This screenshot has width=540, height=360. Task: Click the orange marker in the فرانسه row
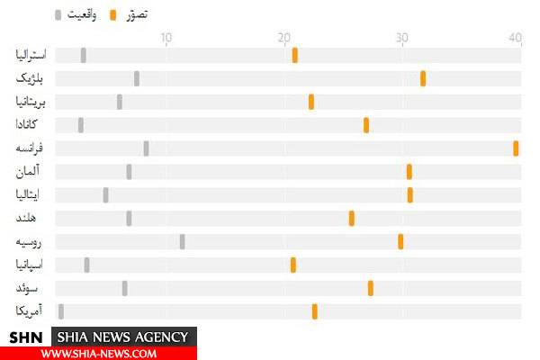(516, 148)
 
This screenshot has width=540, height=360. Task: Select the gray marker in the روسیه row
(182, 241)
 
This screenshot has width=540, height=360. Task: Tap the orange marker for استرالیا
(295, 56)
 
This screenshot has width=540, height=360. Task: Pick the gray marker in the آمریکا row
(61, 311)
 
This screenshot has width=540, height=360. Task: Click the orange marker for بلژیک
(423, 78)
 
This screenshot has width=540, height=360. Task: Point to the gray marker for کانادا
(81, 125)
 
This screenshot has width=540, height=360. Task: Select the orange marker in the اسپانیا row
(293, 265)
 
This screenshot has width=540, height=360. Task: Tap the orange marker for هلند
(352, 218)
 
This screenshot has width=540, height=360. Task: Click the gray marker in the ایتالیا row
(105, 194)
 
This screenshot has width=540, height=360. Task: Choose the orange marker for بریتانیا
(311, 102)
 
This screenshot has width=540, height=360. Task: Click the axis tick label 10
(166, 37)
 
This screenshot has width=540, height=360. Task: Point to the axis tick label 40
(515, 37)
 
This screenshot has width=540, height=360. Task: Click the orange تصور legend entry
(130, 14)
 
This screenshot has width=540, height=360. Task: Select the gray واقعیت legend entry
(76, 14)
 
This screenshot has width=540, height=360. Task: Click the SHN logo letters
(26, 337)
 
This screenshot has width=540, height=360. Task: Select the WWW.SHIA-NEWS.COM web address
(98, 353)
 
